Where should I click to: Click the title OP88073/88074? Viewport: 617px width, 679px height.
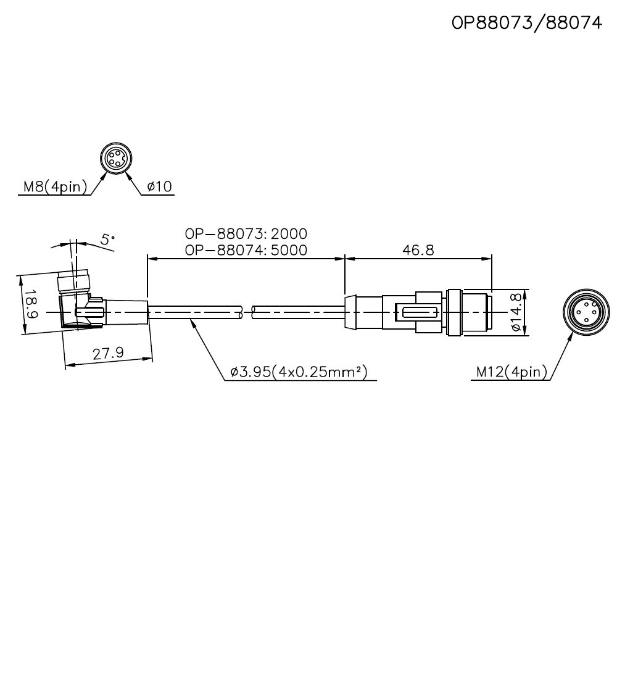pos(526,23)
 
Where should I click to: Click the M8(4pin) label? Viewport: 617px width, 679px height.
pos(55,186)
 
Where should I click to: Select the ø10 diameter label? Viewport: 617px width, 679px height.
pos(159,186)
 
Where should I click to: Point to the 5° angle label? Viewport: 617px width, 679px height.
pos(108,240)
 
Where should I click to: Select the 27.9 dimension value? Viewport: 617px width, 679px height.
pos(108,354)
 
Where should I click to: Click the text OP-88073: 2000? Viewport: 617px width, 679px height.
pos(246,234)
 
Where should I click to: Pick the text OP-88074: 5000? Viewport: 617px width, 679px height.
pos(246,249)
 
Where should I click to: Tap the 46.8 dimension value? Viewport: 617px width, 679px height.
pos(418,249)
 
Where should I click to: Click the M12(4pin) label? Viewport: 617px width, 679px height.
pos(511,372)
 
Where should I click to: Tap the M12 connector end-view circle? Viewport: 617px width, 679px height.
pos(586,313)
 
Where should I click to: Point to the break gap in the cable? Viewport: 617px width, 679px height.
pos(246,312)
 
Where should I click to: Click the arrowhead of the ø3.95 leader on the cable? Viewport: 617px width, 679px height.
pos(193,323)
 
